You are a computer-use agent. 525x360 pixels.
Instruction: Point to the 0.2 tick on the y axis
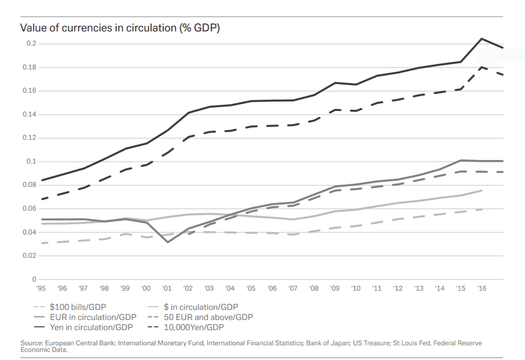[31, 44]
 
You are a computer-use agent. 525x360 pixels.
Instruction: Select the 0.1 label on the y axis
[31, 162]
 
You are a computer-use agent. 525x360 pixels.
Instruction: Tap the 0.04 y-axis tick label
[30, 232]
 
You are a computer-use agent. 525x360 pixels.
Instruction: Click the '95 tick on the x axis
[42, 289]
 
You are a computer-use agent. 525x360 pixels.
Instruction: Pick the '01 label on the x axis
[167, 289]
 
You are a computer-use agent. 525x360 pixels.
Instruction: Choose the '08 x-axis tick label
[314, 289]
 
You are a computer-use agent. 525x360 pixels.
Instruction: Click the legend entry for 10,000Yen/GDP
[193, 327]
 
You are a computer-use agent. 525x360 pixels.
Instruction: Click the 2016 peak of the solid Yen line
[481, 38]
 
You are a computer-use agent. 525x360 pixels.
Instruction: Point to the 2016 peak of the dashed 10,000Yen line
[481, 67]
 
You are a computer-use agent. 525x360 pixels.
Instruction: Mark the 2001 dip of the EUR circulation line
[167, 242]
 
